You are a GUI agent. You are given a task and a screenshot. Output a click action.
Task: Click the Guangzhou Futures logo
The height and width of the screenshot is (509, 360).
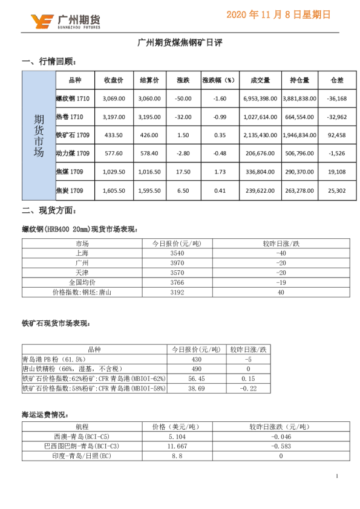pyautogui.click(x=66, y=21)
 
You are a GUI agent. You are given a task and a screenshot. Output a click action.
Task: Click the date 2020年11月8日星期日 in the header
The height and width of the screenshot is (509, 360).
pyautogui.click(x=279, y=15)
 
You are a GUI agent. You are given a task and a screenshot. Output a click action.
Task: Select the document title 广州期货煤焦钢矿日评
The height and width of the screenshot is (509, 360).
pyautogui.click(x=180, y=44)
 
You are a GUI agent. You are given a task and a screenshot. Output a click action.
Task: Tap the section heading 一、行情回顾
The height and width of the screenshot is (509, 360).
pyautogui.click(x=49, y=62)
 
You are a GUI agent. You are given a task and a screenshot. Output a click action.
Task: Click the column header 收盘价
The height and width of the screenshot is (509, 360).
pyautogui.click(x=114, y=80)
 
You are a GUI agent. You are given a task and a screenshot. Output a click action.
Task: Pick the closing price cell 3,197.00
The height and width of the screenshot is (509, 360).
pyautogui.click(x=114, y=117)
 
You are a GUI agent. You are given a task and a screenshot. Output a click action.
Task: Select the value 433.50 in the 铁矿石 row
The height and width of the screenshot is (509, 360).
pyautogui.click(x=114, y=135)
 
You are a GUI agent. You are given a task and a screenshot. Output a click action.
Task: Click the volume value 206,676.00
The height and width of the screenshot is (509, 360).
pyautogui.click(x=260, y=154)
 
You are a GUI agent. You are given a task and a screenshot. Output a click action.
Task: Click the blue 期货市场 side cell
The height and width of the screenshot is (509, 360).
pyautogui.click(x=39, y=135)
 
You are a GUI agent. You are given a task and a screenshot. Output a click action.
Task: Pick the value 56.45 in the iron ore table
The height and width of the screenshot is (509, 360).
pyautogui.click(x=186, y=378)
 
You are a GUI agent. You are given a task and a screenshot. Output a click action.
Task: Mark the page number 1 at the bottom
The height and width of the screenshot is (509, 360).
pyautogui.click(x=336, y=476)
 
